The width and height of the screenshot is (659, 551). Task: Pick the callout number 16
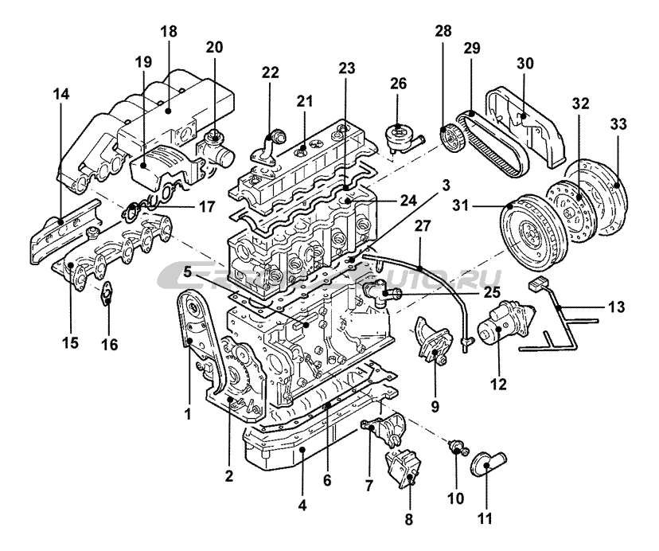[x=109, y=345]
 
